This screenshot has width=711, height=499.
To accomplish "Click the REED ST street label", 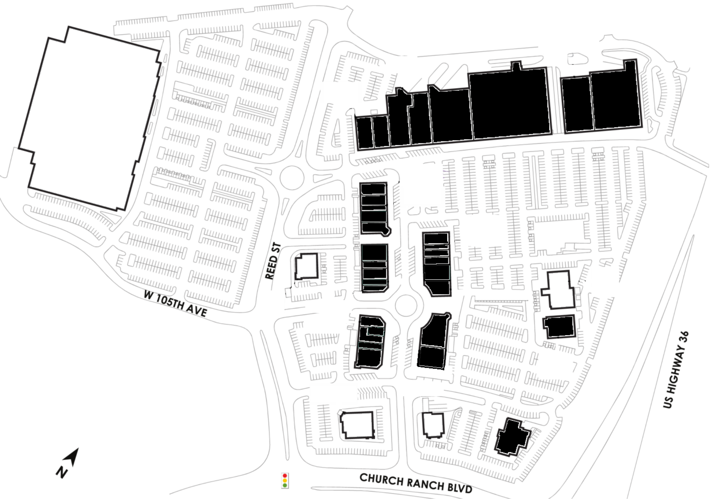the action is pyautogui.click(x=273, y=261).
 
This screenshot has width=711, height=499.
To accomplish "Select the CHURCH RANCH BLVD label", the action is pyautogui.click(x=416, y=483).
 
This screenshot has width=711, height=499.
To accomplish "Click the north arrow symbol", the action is pyautogui.click(x=71, y=457).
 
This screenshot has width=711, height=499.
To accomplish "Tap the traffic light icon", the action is pyautogui.click(x=285, y=481).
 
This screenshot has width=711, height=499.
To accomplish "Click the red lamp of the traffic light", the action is pyautogui.click(x=285, y=476).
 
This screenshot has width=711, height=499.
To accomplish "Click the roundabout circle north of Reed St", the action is pyautogui.click(x=292, y=178).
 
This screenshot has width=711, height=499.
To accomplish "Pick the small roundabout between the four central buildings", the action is pyautogui.click(x=406, y=305).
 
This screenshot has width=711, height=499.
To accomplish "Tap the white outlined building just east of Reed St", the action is pyautogui.click(x=306, y=266).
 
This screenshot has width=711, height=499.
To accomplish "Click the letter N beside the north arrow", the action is pyautogui.click(x=62, y=472).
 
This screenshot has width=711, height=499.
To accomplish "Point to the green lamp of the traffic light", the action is pyautogui.click(x=285, y=485).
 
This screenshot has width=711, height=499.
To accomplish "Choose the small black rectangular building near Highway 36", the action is pyautogui.click(x=559, y=326).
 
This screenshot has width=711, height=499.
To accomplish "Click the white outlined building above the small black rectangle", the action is pyautogui.click(x=558, y=290).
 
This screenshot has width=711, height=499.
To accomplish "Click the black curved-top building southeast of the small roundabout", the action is pyautogui.click(x=434, y=341).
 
